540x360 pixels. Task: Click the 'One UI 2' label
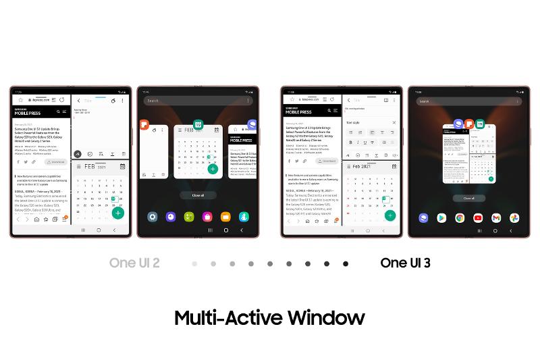coord(134,263)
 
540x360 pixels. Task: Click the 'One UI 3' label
coord(405,263)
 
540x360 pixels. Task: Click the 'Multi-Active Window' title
coord(269,317)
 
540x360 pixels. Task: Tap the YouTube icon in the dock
coord(478,217)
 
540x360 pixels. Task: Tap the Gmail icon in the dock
coord(496,217)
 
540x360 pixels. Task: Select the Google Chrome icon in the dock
coord(460,217)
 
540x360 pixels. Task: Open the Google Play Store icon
coord(441,217)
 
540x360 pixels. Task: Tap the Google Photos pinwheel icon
coord(514,217)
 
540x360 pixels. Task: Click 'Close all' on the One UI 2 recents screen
coord(198,195)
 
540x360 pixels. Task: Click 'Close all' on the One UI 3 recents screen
coord(468,199)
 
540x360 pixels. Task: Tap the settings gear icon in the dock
coord(153,217)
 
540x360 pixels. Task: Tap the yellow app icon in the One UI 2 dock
coord(225,217)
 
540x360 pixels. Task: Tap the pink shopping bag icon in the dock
coord(207,217)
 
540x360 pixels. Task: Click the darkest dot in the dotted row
coord(346,263)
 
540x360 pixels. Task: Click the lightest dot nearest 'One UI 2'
coord(194,263)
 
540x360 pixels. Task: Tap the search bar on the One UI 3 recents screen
coord(466,101)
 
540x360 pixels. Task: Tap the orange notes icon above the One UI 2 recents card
coord(144,124)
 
